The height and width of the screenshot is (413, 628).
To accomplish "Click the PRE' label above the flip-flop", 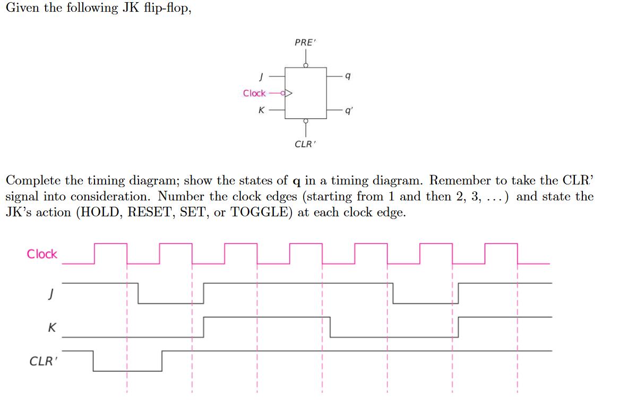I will coord(305,43).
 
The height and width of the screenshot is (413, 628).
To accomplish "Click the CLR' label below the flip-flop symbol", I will coord(305,144).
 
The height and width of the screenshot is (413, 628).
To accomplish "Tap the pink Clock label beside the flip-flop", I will coord(254,94).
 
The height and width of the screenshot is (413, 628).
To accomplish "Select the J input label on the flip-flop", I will coord(261,77).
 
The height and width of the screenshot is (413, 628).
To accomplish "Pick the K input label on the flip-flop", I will coord(261,111).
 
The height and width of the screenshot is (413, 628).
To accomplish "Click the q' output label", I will coord(348,111).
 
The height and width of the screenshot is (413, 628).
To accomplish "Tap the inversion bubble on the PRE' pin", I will coord(305,65).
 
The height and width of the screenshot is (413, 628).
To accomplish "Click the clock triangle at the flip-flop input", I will coord(289,94).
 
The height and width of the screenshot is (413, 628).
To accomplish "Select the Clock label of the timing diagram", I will coord(42,254).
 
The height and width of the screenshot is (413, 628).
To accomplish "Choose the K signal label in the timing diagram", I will coord(51,328).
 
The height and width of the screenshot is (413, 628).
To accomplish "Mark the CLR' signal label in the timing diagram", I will coord(42,361).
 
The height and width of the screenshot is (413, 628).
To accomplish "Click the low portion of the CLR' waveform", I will coord(127,370).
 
